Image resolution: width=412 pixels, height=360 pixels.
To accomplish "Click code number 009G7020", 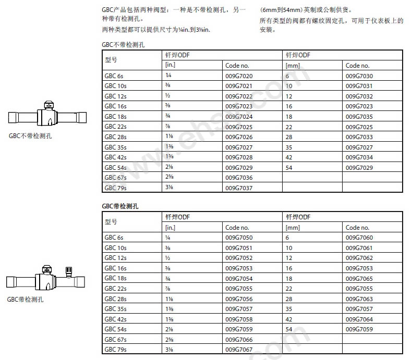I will (239, 76).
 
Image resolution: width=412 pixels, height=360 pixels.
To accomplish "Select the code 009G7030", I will (359, 76).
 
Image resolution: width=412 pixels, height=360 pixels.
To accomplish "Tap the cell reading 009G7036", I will (239, 178).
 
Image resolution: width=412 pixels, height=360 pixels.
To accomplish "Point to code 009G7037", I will (239, 188).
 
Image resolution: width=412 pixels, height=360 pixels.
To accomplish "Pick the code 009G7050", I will (239, 238).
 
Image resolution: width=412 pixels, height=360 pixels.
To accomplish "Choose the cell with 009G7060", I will (359, 238).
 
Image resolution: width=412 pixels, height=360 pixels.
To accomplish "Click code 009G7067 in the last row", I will (239, 350).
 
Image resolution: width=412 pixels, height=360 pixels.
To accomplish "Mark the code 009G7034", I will (359, 157).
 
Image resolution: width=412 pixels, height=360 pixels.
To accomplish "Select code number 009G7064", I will (359, 319).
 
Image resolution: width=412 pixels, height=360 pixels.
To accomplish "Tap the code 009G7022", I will (239, 96).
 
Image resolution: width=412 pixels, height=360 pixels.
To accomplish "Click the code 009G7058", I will (239, 319).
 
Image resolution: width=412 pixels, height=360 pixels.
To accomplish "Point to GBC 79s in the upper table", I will (116, 188).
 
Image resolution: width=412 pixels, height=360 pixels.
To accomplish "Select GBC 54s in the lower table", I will (116, 329).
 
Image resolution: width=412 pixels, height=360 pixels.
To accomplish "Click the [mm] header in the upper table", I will (293, 66).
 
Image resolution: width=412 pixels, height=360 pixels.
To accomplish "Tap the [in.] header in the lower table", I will (170, 228).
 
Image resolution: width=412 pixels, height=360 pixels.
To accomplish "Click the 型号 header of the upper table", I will (111, 60).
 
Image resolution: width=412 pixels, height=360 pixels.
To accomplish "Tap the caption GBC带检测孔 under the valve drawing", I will (25, 300).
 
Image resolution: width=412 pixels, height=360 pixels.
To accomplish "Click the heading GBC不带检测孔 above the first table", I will (123, 45).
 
